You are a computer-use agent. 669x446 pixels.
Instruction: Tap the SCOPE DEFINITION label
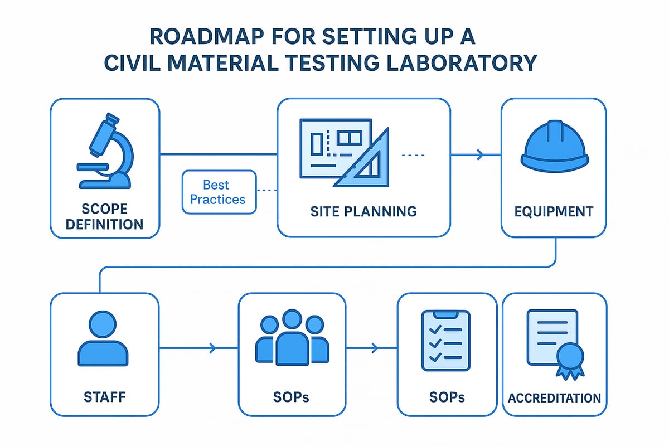104,216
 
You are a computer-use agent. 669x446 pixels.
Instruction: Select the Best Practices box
219,192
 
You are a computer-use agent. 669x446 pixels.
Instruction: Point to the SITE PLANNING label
363,212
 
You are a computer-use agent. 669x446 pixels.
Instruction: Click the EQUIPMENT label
554,212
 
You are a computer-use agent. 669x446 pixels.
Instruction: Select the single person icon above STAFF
104,339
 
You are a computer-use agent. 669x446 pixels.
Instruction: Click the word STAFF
104,397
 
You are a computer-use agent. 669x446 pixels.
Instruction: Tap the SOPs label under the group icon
291,397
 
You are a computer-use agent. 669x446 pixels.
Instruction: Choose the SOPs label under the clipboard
447,397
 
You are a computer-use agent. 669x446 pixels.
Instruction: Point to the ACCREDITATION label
555,398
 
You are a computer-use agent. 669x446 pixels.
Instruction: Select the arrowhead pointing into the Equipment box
480,155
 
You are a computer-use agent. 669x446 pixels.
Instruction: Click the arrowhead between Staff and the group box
212,349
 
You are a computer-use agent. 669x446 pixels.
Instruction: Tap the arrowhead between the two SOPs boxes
375,349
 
